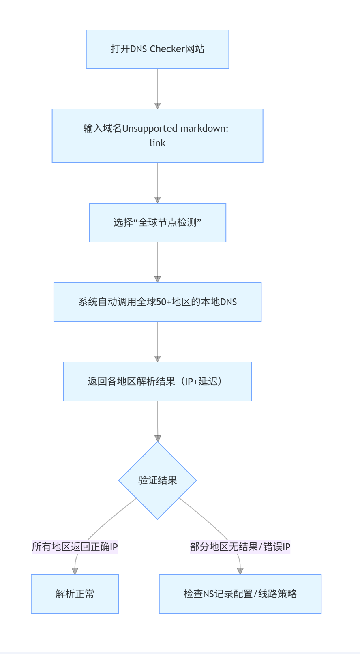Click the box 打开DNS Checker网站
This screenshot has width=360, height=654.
[157, 49]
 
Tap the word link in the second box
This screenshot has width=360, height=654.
[157, 143]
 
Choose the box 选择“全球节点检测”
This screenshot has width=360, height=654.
[157, 223]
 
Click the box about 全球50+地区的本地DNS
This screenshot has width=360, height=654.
[157, 302]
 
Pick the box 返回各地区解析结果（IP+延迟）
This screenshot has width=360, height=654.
[157, 382]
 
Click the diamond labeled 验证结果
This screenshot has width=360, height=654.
[157, 480]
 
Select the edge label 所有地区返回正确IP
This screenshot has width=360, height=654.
[75, 547]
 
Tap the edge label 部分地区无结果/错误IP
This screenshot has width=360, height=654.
[240, 547]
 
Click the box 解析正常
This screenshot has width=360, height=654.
[75, 594]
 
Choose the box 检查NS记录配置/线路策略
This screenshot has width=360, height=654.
[240, 594]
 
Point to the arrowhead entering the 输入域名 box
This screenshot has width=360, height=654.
[158, 106]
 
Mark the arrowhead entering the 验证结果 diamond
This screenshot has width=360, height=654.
[158, 438]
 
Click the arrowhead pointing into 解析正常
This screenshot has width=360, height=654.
[75, 571]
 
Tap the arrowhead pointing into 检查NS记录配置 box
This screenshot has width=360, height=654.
[240, 571]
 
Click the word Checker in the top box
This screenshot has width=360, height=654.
[167, 49]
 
